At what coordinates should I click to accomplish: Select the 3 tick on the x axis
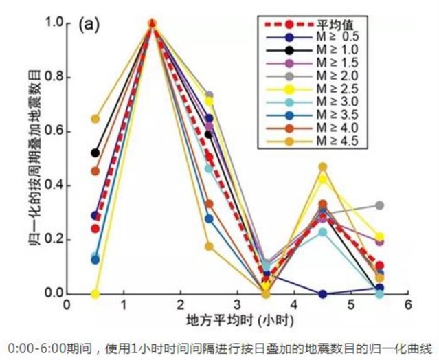[237, 305]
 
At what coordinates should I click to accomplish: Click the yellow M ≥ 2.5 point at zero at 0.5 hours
[95, 293]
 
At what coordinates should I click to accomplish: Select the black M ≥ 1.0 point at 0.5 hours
[95, 153]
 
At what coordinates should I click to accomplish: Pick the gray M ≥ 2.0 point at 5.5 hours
[379, 205]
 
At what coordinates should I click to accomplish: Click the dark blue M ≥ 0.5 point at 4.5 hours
[322, 293]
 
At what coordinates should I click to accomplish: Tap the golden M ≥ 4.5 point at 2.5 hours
[209, 246]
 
